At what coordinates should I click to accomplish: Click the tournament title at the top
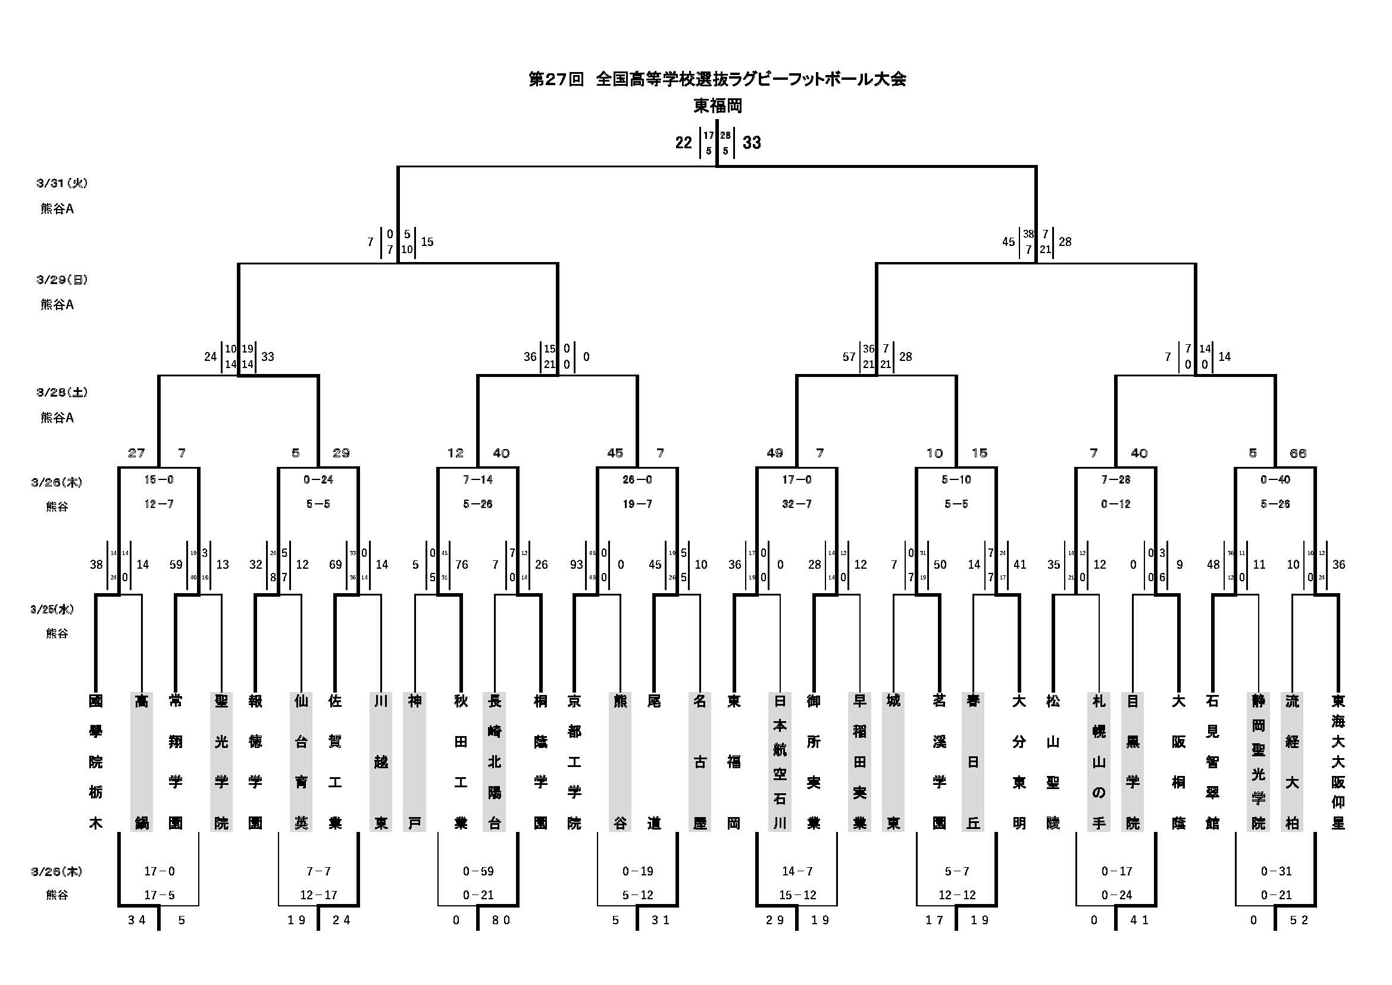click(717, 79)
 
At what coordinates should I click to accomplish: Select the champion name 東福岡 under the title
click(718, 106)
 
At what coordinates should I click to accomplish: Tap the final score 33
click(752, 143)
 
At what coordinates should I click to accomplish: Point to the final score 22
click(683, 143)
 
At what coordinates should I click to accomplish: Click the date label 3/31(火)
click(62, 183)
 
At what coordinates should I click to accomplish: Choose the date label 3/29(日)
click(62, 280)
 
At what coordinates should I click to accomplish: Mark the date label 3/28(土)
click(62, 392)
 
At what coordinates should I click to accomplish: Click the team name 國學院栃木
click(96, 762)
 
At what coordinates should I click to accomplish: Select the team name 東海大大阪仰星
click(1338, 762)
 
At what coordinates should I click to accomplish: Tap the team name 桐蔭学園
click(540, 762)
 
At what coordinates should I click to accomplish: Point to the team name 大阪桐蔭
click(1178, 762)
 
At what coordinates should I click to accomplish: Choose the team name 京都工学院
click(574, 762)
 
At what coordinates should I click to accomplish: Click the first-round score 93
click(576, 565)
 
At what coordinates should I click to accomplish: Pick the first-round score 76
click(462, 565)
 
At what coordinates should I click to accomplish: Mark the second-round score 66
click(1298, 453)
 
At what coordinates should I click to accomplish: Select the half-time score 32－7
click(797, 504)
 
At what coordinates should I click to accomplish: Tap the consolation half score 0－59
click(478, 872)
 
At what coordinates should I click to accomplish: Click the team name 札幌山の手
click(1099, 762)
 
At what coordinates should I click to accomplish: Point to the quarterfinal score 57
click(849, 357)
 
